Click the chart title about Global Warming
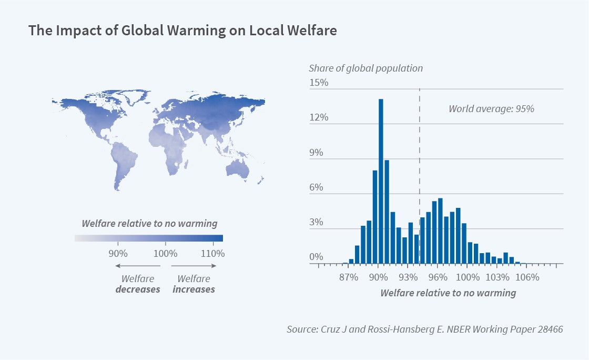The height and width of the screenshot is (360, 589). pos(182,31)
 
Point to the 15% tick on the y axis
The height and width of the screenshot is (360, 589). pos(318,83)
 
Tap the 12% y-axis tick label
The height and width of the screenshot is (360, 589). pos(318,117)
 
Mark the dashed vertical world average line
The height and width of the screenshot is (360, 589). pos(419,147)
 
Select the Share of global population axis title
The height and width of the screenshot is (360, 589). pos(365,68)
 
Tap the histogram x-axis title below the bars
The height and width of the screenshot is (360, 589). pos(448,293)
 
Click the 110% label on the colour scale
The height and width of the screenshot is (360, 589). pos(212,253)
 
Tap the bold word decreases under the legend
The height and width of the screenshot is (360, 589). pos(138,289)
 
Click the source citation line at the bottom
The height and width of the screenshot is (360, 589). pos(424,329)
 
